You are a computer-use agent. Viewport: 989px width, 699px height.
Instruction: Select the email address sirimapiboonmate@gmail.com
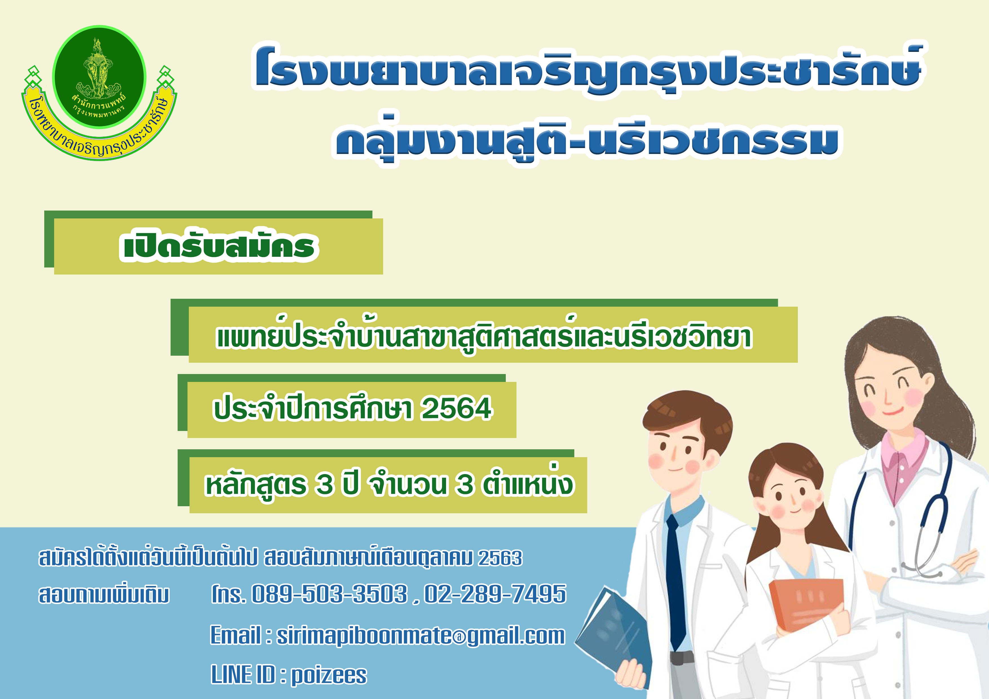420,636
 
